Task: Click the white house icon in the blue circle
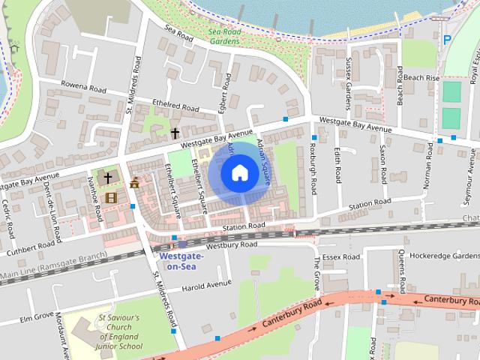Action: point(239,172)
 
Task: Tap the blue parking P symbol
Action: point(447,40)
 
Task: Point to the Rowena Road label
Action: point(83,87)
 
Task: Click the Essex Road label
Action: point(343,256)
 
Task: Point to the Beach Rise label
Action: point(421,77)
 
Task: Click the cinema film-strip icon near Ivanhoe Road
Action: point(112,197)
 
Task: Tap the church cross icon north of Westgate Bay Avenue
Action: point(175,133)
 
